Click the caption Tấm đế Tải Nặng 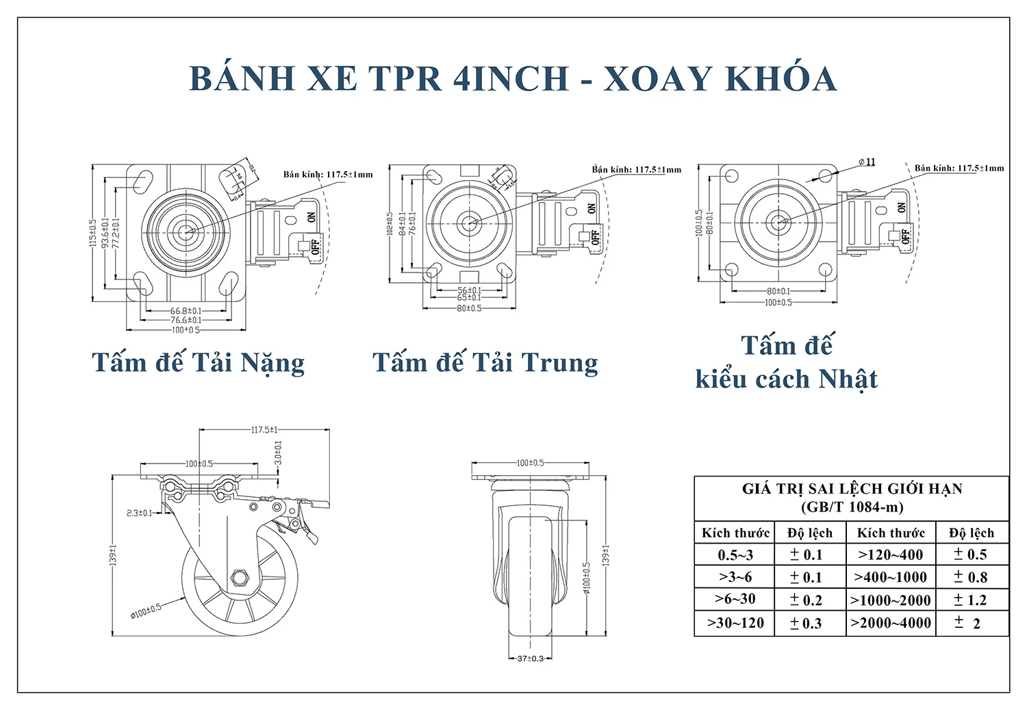click(x=198, y=363)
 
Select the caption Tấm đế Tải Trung click(x=485, y=363)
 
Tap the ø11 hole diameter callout click(x=867, y=162)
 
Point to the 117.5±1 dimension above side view click(x=264, y=430)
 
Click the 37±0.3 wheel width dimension click(x=530, y=659)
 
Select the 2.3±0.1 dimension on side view click(x=139, y=513)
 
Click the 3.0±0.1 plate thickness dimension click(x=278, y=453)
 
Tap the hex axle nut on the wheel click(x=239, y=578)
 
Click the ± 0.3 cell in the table click(x=806, y=624)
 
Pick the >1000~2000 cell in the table click(x=890, y=600)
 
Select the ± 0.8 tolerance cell click(x=971, y=577)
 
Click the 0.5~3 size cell click(x=735, y=555)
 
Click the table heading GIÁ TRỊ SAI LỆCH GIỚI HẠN click(x=852, y=489)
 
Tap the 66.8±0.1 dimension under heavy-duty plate click(x=186, y=311)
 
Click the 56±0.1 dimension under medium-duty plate click(x=469, y=290)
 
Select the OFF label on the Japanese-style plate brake click(x=905, y=237)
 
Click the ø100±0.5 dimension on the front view click(x=587, y=578)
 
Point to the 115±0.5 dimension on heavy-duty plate click(x=93, y=233)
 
